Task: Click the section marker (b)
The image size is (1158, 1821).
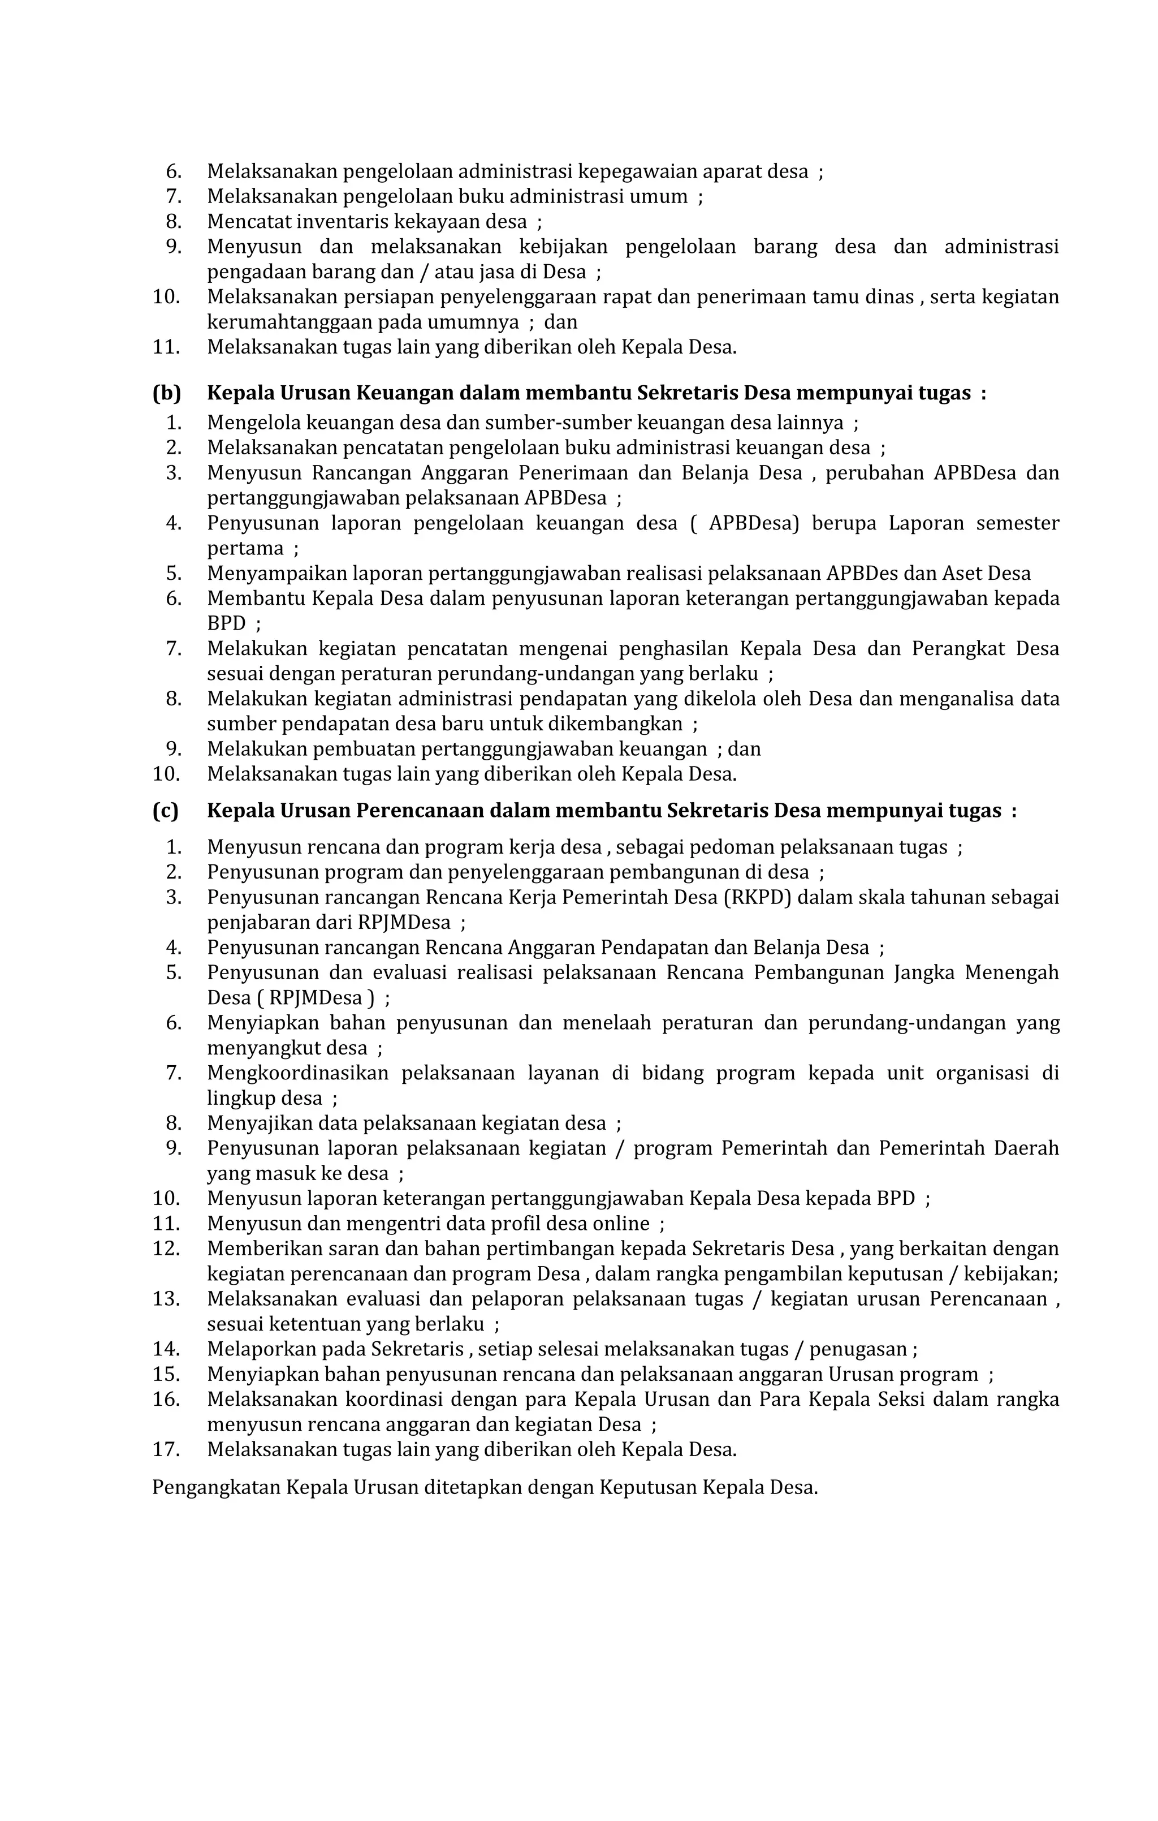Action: pos(166,393)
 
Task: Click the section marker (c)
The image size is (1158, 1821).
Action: pos(166,811)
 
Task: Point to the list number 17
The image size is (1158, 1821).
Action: pos(166,1450)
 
